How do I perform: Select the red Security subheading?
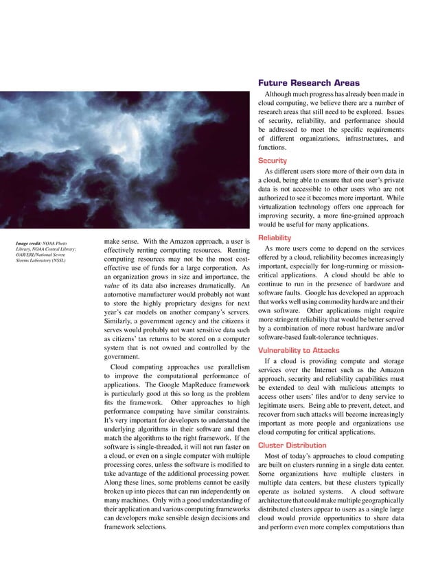[273, 161]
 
